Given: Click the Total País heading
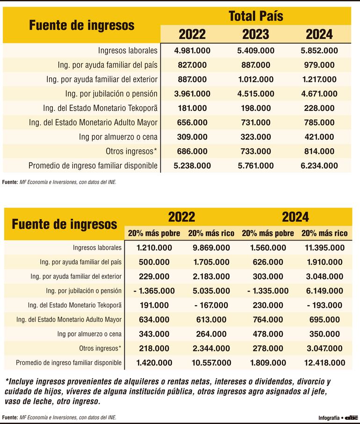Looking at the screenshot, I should [x=256, y=16].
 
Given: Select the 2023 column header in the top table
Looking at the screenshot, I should [x=256, y=34].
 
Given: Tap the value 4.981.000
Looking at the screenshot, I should [x=192, y=51].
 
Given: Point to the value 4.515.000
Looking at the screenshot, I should [x=256, y=94].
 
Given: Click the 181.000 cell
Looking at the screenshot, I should [x=192, y=108].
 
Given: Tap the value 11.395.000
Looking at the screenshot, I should [x=324, y=248].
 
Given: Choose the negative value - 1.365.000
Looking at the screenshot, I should [x=154, y=291].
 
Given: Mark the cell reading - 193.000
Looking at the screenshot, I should [x=324, y=305].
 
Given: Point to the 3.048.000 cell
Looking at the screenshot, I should [x=324, y=277].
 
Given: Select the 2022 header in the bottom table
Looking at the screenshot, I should [x=181, y=217].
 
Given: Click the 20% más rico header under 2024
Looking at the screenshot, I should [x=324, y=233].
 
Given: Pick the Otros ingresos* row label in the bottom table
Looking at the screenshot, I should [x=100, y=349].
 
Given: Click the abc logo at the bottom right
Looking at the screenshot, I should [x=351, y=417].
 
